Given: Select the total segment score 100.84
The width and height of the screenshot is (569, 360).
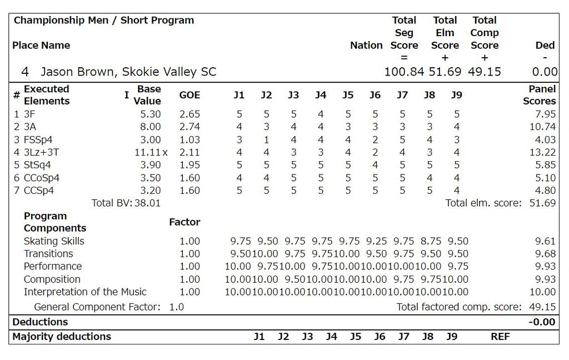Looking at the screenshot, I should pos(404,72).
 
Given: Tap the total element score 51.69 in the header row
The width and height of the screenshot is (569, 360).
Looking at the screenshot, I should pos(445,72).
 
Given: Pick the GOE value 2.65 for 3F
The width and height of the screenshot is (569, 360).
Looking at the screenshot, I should pos(189,114).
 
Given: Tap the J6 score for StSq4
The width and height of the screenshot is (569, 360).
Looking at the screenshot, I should pos(375,165).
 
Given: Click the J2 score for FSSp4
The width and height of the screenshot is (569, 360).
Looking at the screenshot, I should pos(266,139).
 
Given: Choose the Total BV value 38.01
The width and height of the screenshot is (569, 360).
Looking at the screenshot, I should pos(147,203).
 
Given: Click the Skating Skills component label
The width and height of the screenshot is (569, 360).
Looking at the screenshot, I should pos(54,241).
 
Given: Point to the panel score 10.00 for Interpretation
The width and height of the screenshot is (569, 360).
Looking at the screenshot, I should pos(542,292).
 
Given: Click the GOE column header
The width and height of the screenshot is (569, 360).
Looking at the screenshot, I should pos(189,95).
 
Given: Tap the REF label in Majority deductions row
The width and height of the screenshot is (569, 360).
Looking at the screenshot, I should pos(500,337).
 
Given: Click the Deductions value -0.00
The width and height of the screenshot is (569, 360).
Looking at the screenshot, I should pos(543,322).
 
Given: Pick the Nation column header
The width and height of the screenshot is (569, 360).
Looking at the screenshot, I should pos(366,46).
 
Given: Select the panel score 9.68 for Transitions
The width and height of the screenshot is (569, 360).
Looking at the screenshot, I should pos(545,254).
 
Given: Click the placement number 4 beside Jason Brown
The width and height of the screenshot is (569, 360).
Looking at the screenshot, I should pos(25,72).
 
